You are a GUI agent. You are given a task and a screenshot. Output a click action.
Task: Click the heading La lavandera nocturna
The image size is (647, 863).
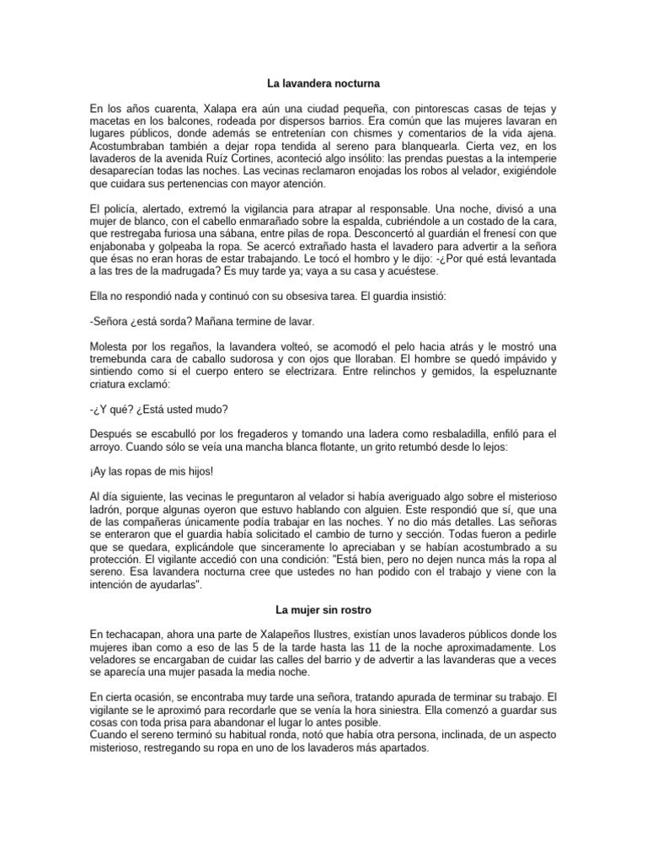pyautogui.click(x=323, y=85)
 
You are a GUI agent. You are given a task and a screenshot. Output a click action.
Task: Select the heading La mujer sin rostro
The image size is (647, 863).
pyautogui.click(x=323, y=608)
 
